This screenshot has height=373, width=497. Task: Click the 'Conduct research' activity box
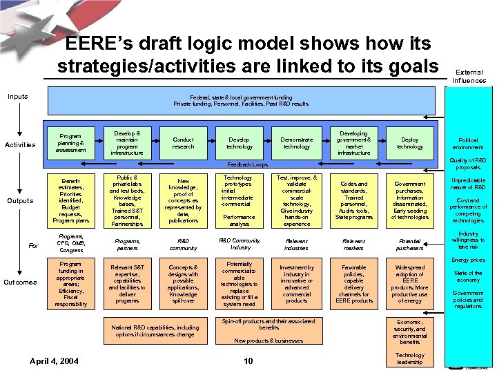click(184, 143)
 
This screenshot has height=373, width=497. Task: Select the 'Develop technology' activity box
click(240, 143)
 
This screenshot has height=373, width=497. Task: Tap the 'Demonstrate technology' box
click(297, 143)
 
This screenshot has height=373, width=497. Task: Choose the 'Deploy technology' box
click(410, 143)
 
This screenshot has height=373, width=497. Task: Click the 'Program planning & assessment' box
click(71, 143)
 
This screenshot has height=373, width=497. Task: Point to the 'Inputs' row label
click(18, 96)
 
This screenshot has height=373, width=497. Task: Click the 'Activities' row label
click(20, 144)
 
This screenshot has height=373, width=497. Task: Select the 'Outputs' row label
click(20, 200)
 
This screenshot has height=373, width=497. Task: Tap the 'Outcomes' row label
click(20, 282)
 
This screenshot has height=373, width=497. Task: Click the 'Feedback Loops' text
click(248, 165)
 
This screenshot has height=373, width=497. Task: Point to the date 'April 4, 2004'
click(55, 361)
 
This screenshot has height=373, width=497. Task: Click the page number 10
click(248, 361)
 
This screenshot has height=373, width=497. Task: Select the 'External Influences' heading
click(469, 76)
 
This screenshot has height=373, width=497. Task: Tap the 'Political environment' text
click(469, 143)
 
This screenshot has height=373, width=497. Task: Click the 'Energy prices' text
click(469, 260)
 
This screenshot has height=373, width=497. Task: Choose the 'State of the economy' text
click(469, 276)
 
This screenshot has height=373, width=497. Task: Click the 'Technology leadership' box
click(410, 358)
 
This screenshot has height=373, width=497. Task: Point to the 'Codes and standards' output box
click(353, 200)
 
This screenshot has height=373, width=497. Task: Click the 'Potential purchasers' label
click(410, 244)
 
